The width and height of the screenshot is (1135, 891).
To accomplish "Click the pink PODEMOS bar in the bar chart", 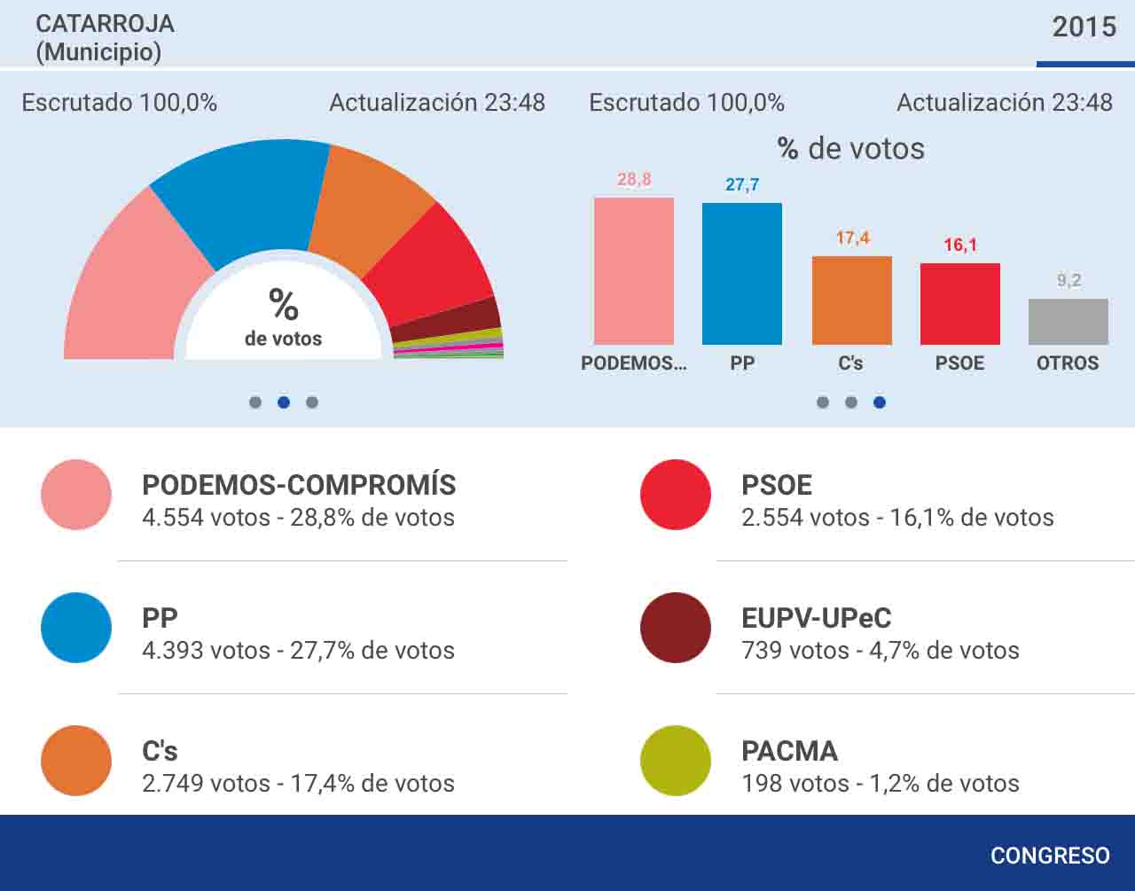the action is [x=634, y=271].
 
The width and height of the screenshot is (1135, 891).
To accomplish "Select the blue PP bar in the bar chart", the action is [x=741, y=274].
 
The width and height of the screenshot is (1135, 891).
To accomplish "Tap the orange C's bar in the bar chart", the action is [x=852, y=301].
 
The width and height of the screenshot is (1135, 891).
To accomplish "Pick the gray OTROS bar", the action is [x=1068, y=322].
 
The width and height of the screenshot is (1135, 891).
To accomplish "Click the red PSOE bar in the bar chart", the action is [x=960, y=304].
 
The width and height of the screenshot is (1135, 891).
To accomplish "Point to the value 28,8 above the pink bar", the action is [x=634, y=179].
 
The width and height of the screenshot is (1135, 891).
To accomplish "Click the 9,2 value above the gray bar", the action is [x=1068, y=280].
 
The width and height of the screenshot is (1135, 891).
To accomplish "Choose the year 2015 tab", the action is [x=1084, y=27].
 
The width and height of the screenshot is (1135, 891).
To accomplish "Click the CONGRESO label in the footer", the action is [x=1050, y=856].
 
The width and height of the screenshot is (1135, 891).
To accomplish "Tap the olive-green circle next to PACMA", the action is [x=676, y=761].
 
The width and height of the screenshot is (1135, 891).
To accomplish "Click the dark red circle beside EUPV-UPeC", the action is [x=676, y=628].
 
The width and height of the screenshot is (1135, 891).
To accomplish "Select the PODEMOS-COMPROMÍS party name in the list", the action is [x=299, y=484].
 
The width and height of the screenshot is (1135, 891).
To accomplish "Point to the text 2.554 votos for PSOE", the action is [x=805, y=517].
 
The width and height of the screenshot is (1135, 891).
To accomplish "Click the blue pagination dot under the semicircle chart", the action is [x=284, y=402].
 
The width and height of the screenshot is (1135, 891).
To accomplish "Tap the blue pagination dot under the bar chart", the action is [x=880, y=402].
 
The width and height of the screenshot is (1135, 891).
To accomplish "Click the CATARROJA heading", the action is [x=105, y=24].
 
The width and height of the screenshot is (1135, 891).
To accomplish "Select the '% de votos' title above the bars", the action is [x=851, y=148].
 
